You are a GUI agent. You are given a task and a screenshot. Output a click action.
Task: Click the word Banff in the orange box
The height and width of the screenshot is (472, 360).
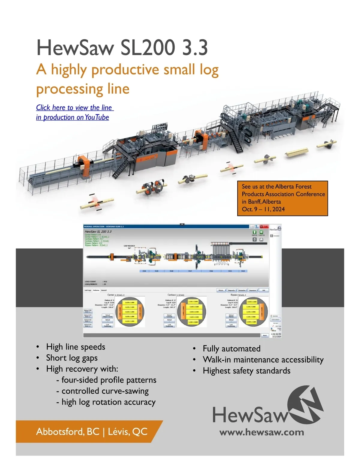pos(254,202)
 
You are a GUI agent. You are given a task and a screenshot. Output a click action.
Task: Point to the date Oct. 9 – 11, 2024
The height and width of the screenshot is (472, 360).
pos(263,209)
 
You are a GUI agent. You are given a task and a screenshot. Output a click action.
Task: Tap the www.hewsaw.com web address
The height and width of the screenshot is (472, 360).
pos(262,432)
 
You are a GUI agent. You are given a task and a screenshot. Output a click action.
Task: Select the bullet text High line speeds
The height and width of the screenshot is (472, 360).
pos(76,347)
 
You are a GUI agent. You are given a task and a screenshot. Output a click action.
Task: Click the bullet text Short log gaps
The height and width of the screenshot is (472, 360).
pos(72,358)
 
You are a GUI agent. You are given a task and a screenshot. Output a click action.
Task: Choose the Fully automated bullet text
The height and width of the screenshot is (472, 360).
pos(231,349)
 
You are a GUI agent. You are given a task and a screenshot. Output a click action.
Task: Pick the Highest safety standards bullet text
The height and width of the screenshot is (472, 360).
pos(246,371)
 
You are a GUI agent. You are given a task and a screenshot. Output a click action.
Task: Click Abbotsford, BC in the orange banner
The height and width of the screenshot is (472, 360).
pos(68,431)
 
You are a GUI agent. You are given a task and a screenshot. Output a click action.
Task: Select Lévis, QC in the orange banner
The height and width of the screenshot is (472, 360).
pos(127,431)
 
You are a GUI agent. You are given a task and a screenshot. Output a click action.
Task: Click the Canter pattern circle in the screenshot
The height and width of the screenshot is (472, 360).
pos(130,312)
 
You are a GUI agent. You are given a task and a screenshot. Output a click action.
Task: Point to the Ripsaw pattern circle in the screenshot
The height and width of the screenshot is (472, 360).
pos(253,312)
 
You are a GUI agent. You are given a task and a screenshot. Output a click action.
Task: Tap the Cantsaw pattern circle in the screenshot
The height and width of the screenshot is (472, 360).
pos(192,312)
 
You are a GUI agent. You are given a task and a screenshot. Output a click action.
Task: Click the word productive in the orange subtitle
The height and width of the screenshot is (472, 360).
pos(125,69)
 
